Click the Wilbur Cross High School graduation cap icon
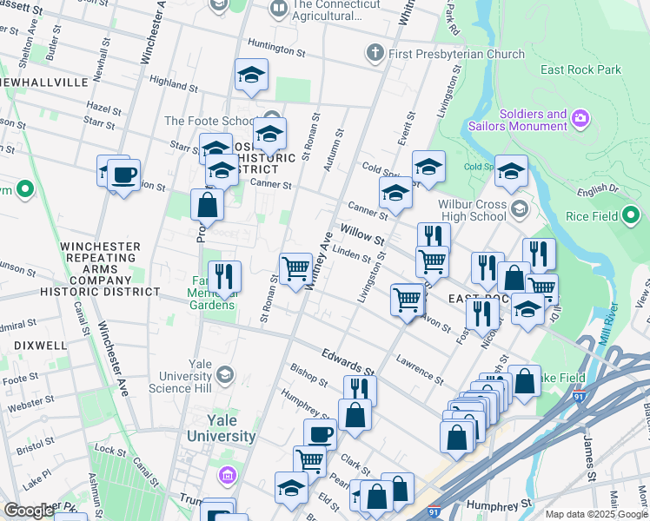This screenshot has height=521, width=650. point(519,208)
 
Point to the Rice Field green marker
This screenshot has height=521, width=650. point(631,216)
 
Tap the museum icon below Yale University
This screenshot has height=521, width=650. point(227,475)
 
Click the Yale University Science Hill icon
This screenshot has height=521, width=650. point(225,374)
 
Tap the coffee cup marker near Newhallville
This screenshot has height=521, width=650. point(123,175)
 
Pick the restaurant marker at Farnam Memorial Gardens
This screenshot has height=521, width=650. point(225,278)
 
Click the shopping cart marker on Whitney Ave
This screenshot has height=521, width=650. point(296,268)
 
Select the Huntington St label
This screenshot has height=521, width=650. point(276,51)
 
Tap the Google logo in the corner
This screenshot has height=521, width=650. point(29,511)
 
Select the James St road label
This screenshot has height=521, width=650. point(590,460)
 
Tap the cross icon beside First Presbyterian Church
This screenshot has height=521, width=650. point(375,54)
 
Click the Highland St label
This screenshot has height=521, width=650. point(169,83)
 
